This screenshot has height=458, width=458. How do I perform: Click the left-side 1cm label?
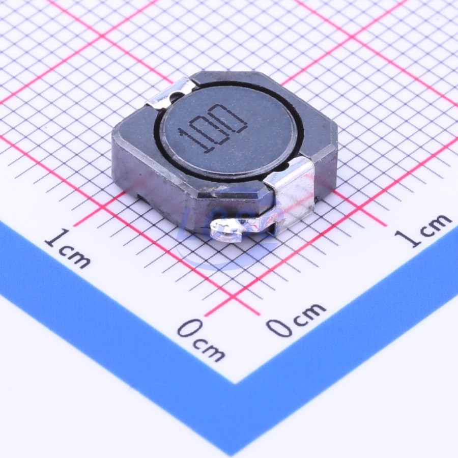[67, 248]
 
